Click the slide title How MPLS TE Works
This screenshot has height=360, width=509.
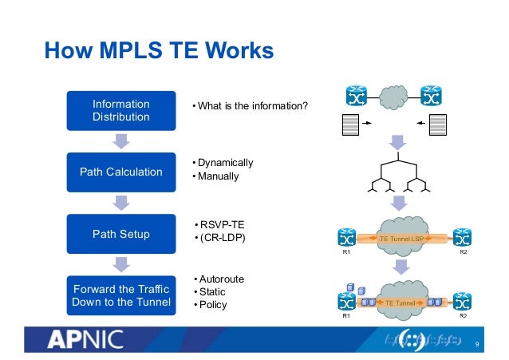coord(158,52)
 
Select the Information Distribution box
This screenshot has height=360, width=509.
coord(120,110)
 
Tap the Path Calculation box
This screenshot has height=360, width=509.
coord(120,172)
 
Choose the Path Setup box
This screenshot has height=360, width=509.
coord(120,234)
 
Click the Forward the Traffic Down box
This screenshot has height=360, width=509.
coord(120,295)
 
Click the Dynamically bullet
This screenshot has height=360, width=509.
coord(224,163)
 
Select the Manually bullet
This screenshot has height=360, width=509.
coord(218,176)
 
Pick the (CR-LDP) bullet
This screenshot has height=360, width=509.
coord(220,238)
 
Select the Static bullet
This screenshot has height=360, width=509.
coord(211,291)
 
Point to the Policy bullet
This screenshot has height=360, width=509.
coord(212,304)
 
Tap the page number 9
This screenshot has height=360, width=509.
coord(476,345)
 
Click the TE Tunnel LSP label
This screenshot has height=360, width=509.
coord(401,239)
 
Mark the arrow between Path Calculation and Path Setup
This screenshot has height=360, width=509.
coord(120,203)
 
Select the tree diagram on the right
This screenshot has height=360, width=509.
coord(397,177)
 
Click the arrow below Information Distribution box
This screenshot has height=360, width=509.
coord(120,140)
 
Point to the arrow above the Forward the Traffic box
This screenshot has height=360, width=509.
coord(120,264)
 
